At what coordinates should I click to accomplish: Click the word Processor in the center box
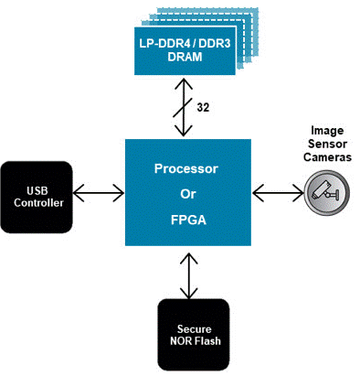186,168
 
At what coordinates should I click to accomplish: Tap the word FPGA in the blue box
188,220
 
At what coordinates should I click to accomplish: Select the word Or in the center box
188,194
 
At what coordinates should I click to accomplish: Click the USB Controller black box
37,197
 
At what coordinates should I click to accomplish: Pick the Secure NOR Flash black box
194,335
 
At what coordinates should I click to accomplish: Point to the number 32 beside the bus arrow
203,107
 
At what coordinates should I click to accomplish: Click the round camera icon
326,193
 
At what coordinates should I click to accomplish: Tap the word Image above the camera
327,131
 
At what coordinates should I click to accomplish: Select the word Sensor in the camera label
327,144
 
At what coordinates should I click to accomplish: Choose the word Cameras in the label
327,157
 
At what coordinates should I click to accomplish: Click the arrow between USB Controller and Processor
99,193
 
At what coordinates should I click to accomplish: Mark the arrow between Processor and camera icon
278,193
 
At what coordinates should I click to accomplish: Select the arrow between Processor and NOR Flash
189,276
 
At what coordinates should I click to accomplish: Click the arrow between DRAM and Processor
184,107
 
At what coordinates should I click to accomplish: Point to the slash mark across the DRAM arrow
183,107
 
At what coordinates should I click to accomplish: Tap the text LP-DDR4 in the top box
164,43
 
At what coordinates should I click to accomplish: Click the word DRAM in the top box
185,57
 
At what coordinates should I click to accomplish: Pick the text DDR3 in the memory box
215,43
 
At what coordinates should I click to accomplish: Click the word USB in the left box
37,190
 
